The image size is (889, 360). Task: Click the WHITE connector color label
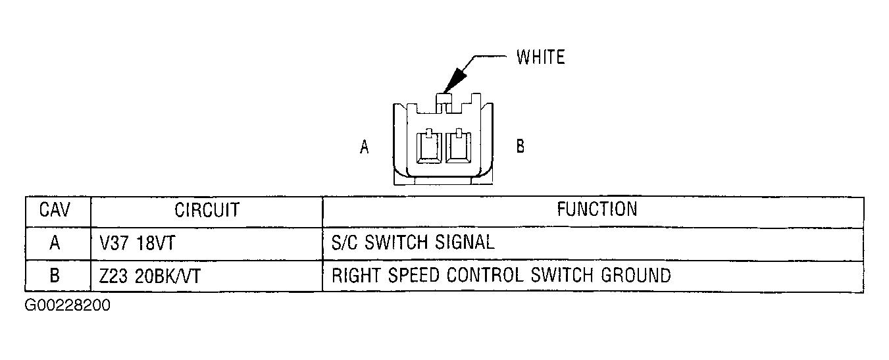540,57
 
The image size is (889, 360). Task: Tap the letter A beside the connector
365,147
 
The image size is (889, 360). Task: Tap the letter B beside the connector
520,146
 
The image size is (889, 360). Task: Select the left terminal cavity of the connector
429,146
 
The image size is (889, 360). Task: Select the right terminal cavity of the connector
459,146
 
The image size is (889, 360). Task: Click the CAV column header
55,209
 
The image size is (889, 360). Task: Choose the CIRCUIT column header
207,210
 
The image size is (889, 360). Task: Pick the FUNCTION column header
597,209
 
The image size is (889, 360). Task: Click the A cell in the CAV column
55,242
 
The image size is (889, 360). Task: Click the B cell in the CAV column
55,276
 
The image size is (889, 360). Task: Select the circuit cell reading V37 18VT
137,243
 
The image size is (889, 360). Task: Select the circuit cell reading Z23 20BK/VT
149,276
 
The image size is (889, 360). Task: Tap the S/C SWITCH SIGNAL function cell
413,242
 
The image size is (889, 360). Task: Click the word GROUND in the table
636,276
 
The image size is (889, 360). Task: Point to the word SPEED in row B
413,276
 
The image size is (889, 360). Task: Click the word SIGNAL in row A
465,242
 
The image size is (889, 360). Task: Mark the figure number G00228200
68,305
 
